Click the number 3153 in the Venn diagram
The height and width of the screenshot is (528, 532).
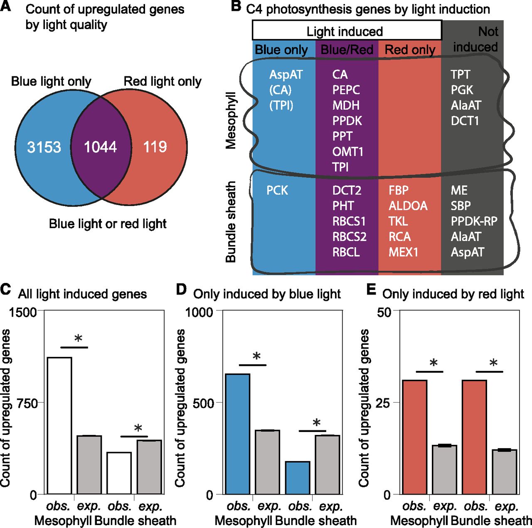(x=44, y=147)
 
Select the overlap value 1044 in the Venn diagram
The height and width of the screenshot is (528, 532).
(x=100, y=147)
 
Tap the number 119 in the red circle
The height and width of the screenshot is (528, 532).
(x=155, y=147)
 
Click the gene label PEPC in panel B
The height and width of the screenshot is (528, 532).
(x=346, y=90)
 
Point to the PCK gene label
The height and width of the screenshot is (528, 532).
(x=277, y=190)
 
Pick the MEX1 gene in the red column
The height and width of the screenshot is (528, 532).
(x=403, y=252)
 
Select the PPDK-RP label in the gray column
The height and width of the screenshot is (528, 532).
(x=474, y=221)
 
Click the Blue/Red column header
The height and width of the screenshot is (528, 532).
(x=347, y=50)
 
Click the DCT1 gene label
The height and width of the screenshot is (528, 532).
(x=465, y=121)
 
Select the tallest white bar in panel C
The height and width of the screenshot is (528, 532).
(x=59, y=425)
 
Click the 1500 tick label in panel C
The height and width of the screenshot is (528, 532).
(x=23, y=312)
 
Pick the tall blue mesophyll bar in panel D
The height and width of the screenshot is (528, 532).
(x=238, y=434)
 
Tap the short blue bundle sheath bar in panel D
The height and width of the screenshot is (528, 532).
(x=298, y=478)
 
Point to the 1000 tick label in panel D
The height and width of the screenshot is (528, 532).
(x=199, y=312)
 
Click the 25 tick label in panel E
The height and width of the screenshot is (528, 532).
(x=383, y=403)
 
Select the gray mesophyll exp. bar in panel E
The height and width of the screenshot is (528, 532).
(x=444, y=469)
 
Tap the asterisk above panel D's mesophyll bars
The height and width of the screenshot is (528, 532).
(x=256, y=356)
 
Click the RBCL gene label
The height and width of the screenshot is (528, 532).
(x=346, y=252)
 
